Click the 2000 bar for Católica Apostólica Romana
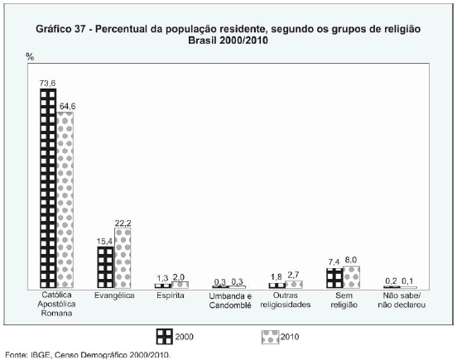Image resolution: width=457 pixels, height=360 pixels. [x=48, y=189]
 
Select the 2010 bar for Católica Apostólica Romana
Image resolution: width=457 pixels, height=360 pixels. [x=65, y=200]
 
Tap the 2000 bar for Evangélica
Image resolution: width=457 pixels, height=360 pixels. [x=105, y=267]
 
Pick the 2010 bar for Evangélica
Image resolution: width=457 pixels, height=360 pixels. [x=123, y=258]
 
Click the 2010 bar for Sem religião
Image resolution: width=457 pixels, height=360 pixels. [x=352, y=277]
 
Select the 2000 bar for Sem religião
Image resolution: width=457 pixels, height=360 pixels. [x=334, y=278]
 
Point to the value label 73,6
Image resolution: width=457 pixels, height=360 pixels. [x=47, y=84]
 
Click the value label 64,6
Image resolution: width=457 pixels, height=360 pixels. [x=67, y=107]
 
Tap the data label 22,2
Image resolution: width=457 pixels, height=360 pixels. [x=123, y=223]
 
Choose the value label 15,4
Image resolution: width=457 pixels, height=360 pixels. [x=104, y=242]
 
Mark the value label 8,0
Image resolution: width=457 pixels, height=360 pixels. [x=351, y=260]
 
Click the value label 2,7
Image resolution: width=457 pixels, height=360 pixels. [x=293, y=275]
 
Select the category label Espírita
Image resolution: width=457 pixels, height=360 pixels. [x=171, y=295]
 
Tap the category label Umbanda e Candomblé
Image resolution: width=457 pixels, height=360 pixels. [x=230, y=300]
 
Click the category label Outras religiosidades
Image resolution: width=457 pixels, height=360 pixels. [x=286, y=300]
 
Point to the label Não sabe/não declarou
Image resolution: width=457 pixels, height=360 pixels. [x=402, y=300]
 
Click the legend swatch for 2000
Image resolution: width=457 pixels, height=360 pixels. [x=165, y=336]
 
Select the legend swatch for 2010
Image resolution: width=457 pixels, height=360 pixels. [x=271, y=337]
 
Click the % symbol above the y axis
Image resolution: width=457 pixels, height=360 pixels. [x=30, y=56]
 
